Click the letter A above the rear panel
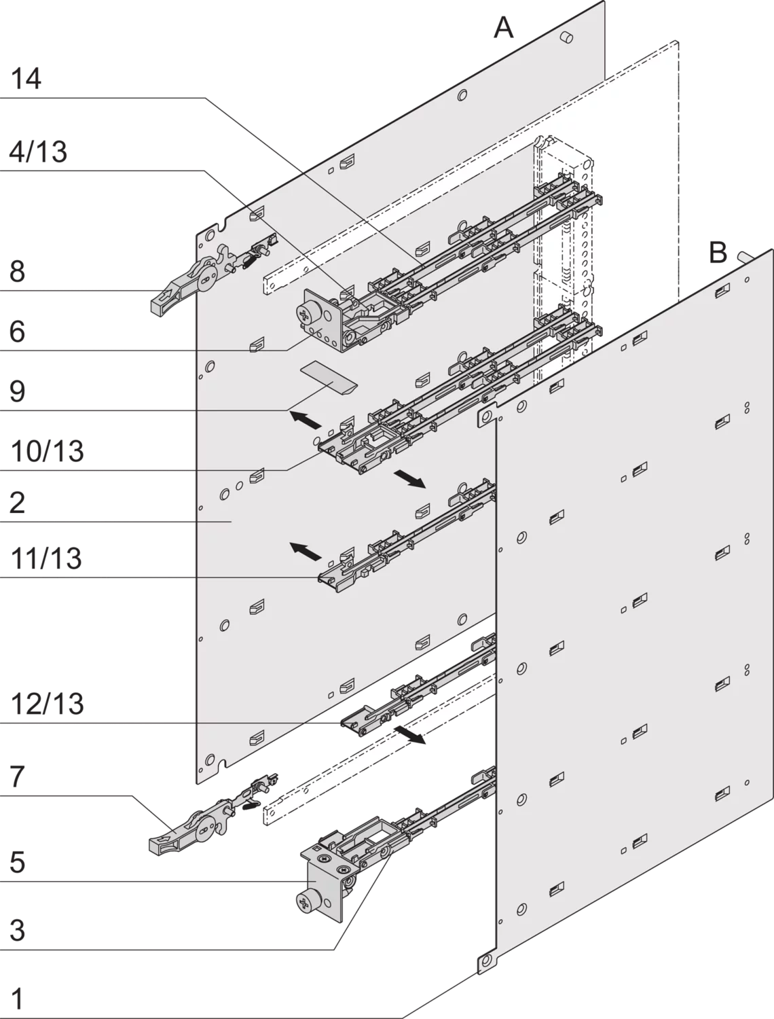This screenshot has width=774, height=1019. pos(504,27)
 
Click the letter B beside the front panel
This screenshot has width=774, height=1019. pos(718,253)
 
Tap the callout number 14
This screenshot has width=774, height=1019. pos(26,78)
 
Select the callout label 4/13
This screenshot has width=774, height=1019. pos(39,151)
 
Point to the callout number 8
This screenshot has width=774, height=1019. pos(17,271)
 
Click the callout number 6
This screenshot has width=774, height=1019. pos(17,332)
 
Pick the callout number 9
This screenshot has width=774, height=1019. pos(17,391)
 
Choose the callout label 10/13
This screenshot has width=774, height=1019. pos(47,451)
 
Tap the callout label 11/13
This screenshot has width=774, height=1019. pos(46,558)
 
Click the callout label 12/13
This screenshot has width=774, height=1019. pos(47,704)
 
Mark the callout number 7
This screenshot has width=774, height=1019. pos(17,776)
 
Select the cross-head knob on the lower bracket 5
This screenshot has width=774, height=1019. pos(305,904)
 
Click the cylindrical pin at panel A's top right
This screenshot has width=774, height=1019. pos(567,37)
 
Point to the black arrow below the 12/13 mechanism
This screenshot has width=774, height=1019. pos(409,736)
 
